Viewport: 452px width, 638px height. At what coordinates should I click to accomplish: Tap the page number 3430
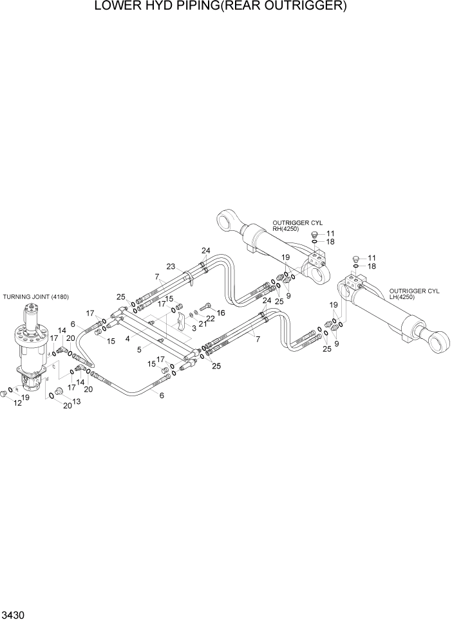(x=14, y=615)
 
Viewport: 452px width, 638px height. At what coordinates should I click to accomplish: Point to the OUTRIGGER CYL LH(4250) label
(x=414, y=294)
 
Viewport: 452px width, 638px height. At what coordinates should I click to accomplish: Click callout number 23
(x=171, y=266)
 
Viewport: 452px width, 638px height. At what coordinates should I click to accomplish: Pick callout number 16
(x=221, y=313)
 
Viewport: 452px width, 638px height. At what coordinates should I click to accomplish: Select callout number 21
(x=202, y=324)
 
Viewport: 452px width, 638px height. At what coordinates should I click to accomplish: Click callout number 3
(x=193, y=328)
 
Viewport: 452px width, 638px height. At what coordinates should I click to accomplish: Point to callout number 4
(x=128, y=338)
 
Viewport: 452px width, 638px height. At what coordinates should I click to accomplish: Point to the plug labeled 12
(x=6, y=392)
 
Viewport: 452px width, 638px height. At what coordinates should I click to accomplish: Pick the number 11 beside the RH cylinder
(x=330, y=233)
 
